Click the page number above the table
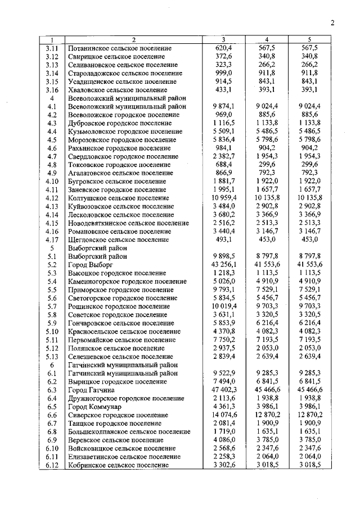tap(332, 23)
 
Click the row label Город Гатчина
tap(91, 389)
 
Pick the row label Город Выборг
tap(90, 264)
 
